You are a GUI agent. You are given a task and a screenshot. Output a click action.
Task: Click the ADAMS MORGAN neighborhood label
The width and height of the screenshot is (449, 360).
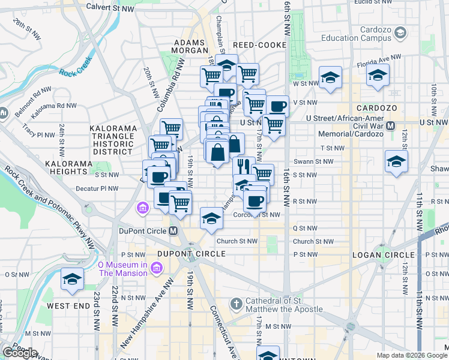190,47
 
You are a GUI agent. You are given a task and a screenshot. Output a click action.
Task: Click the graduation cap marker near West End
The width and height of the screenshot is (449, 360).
72,279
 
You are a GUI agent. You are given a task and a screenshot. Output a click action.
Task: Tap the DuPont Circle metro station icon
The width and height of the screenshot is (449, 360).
173,230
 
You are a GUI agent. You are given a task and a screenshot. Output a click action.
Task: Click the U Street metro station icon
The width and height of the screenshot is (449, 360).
391,125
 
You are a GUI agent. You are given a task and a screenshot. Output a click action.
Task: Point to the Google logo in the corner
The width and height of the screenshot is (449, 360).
19,353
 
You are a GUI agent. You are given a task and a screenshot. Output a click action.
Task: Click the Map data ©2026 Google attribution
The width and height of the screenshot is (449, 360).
412,355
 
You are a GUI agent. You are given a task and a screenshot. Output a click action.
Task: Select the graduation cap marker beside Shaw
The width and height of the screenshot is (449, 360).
396,161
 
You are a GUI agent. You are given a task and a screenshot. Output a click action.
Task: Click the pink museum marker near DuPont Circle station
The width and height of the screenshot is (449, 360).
143,209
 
